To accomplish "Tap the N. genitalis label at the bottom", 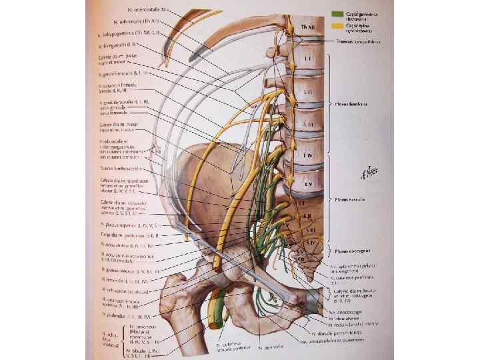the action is tap(272, 347).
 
